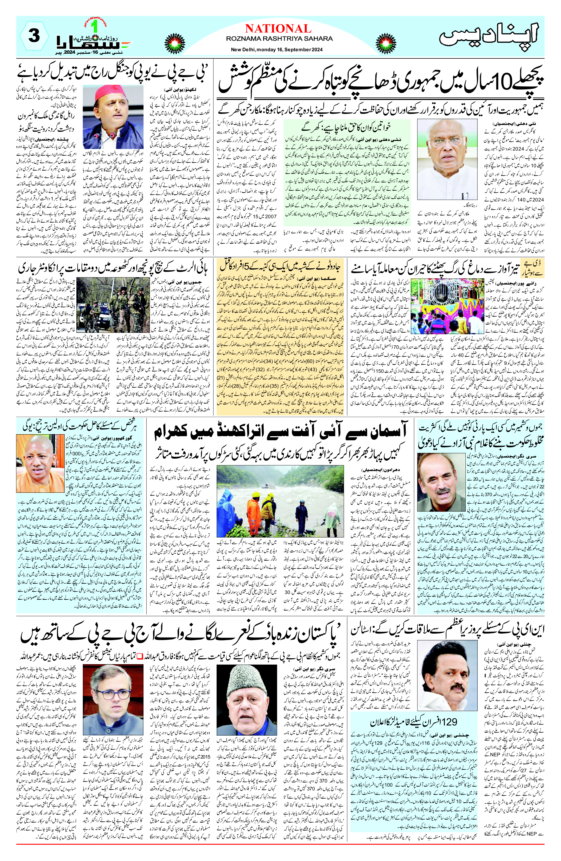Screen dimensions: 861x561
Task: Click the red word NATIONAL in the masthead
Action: coord(278,29)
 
